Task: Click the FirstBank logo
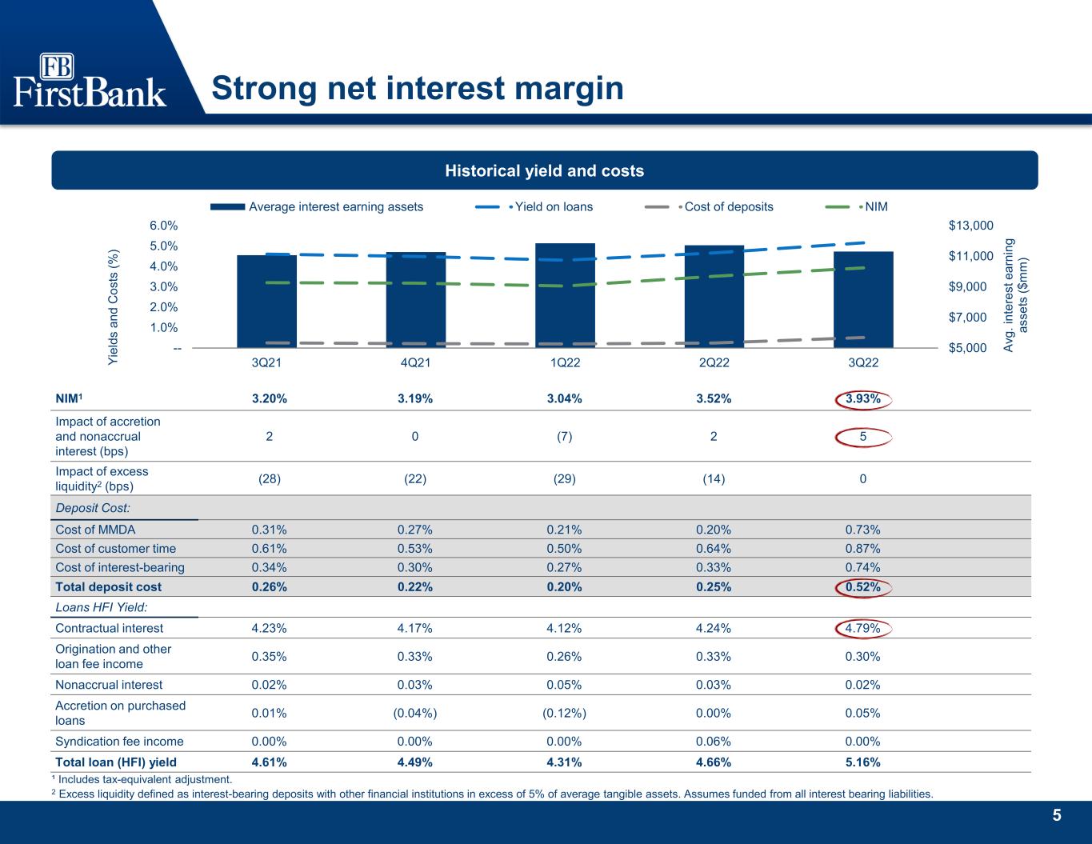[90, 81]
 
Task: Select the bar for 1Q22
[565, 296]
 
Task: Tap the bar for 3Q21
[266, 302]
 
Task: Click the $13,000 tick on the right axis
[970, 226]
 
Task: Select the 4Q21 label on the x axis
[415, 362]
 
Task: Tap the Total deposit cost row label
[108, 586]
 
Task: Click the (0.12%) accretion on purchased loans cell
[564, 713]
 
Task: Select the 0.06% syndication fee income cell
[713, 741]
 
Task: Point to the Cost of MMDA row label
[95, 529]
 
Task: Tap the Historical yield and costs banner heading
[544, 170]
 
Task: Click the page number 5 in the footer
[1057, 815]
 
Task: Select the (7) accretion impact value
[564, 436]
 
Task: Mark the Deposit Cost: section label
[93, 508]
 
